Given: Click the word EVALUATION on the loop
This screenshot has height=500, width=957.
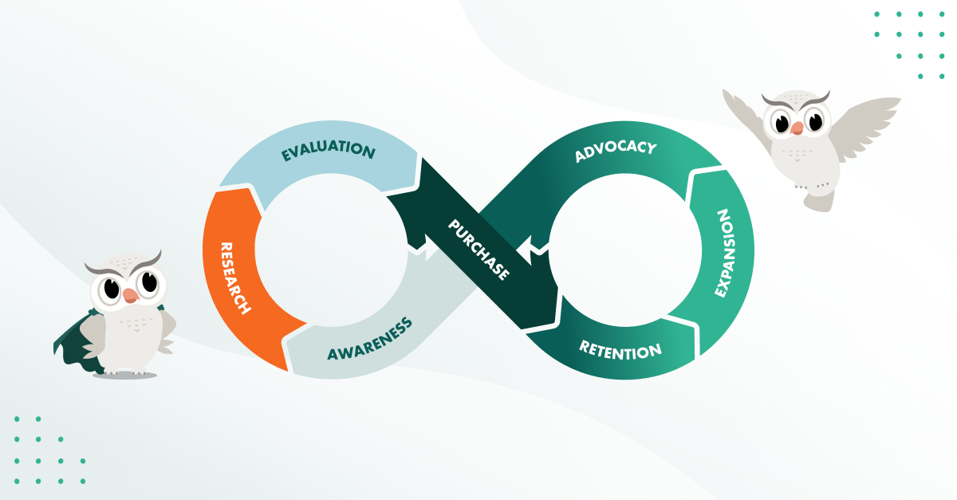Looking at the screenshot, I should [x=328, y=151].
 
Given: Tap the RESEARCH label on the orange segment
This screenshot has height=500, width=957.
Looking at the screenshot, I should [x=236, y=277].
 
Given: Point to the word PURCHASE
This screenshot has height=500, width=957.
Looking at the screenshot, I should [x=478, y=249].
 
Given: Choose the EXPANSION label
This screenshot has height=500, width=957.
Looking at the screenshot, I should [x=723, y=254].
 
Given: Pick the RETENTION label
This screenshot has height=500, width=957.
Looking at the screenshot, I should [x=620, y=349].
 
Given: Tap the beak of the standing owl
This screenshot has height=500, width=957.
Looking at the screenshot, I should [x=131, y=294].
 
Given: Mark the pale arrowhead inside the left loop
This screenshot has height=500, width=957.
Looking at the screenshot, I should [x=423, y=253].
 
